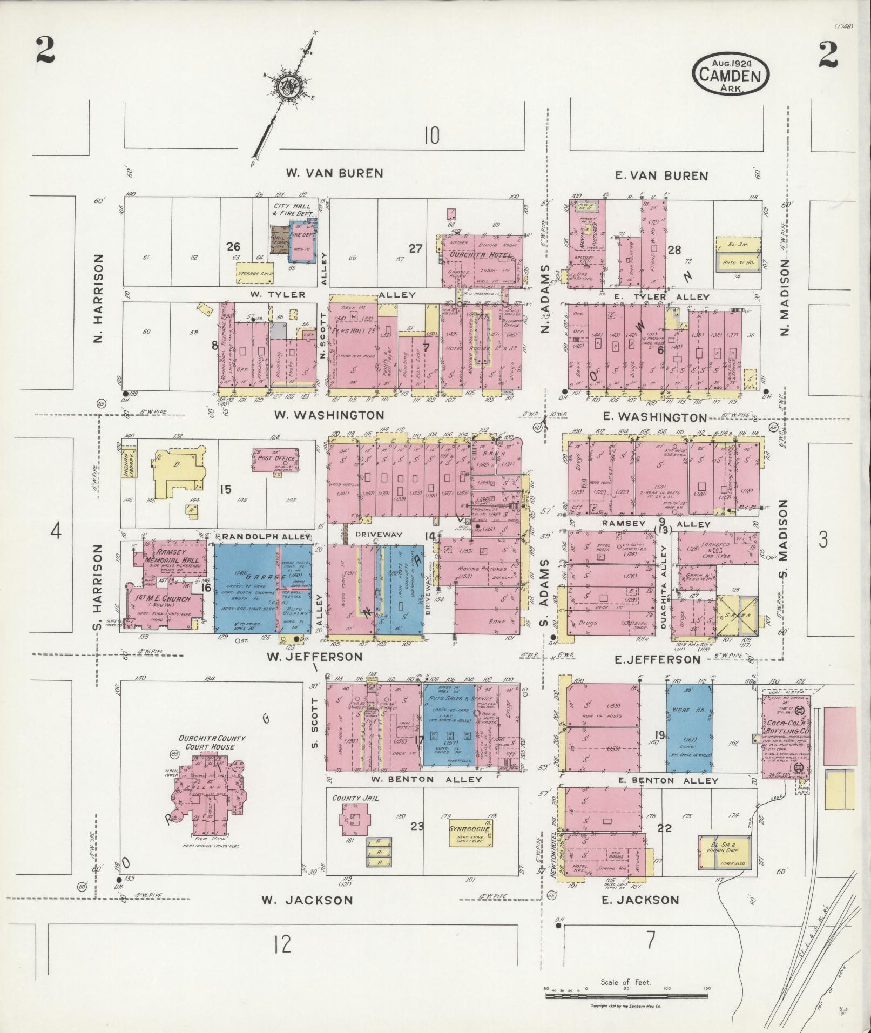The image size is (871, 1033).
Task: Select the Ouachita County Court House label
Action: pyautogui.click(x=208, y=742)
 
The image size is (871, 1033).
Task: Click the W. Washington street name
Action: pyautogui.click(x=329, y=415)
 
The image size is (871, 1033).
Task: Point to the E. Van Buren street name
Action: pyautogui.click(x=661, y=175)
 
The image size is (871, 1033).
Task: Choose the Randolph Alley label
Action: pyautogui.click(x=266, y=536)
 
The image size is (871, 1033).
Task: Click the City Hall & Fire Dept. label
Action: pyautogui.click(x=291, y=210)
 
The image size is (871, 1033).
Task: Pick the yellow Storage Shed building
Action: pyautogui.click(x=255, y=274)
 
